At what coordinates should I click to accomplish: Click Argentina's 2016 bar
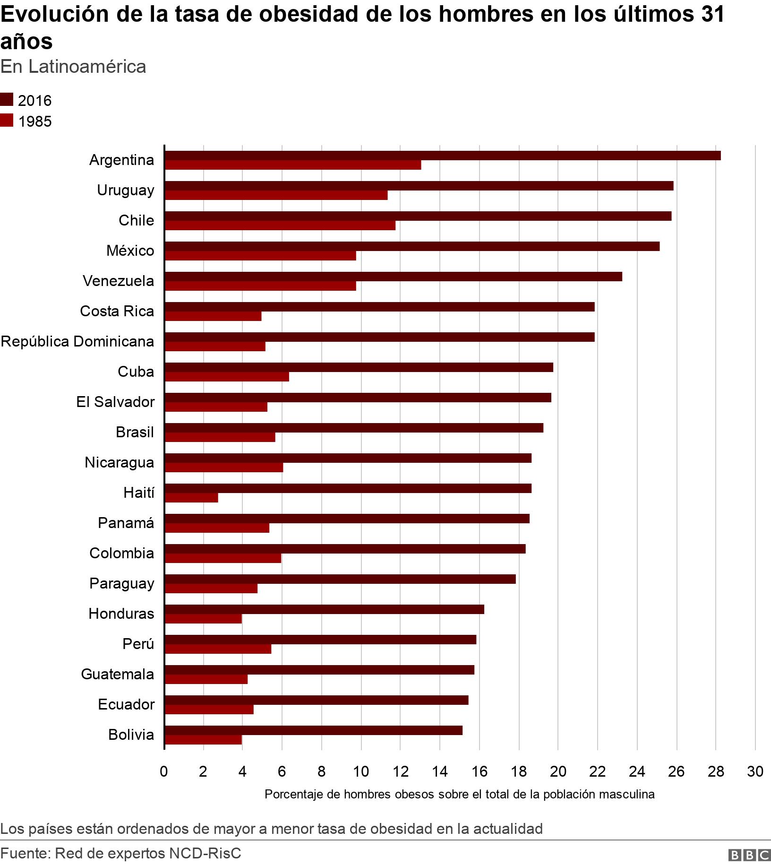[442, 156]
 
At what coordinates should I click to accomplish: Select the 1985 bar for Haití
[191, 498]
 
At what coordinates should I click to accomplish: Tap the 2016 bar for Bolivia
[313, 730]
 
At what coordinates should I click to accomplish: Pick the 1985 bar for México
[260, 256]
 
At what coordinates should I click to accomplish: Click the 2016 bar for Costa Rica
[379, 307]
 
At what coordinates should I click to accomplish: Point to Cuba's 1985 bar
[227, 377]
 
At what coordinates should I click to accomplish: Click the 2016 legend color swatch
[7, 100]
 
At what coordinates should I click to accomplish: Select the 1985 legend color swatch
[7, 121]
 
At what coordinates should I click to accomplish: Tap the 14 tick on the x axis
[440, 772]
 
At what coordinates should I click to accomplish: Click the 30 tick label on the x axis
[755, 772]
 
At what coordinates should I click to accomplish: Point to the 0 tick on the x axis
[164, 772]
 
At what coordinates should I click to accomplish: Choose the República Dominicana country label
[77, 341]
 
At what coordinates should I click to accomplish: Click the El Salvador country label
[115, 402]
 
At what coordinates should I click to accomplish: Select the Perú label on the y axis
[138, 644]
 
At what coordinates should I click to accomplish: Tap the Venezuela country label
[118, 281]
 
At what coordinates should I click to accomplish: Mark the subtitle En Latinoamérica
[73, 67]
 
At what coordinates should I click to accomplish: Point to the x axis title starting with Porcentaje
[459, 794]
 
